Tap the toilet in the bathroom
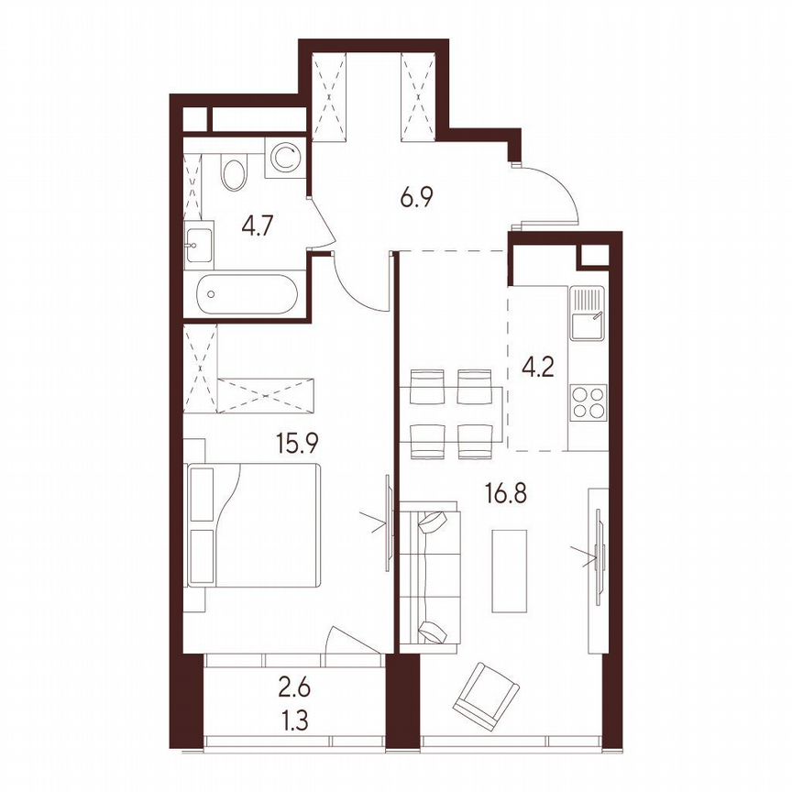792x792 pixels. [235, 171]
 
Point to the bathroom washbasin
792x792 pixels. [199, 243]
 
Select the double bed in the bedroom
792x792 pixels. [254, 525]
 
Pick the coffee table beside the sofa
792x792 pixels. [510, 569]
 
